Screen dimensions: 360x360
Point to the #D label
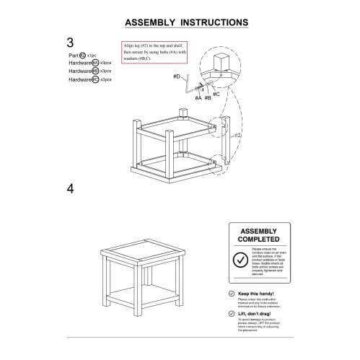(x=177, y=75)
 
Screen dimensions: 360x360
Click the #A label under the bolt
(x=198, y=97)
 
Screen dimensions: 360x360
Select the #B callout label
(x=207, y=97)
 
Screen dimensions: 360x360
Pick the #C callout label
(x=216, y=93)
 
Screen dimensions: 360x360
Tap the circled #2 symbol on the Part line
(x=83, y=54)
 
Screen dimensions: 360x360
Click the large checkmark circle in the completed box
(x=240, y=259)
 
